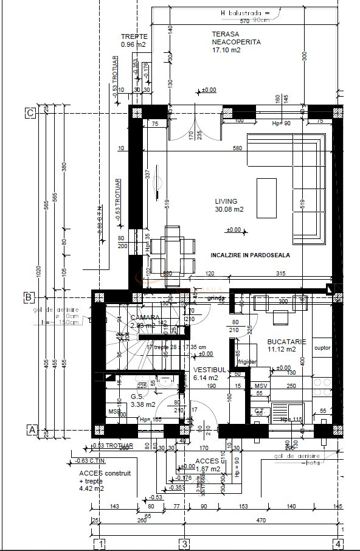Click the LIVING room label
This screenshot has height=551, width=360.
pyautogui.click(x=226, y=201)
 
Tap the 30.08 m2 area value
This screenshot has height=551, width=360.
pyautogui.click(x=229, y=210)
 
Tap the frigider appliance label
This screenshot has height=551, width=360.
pyautogui.click(x=247, y=362)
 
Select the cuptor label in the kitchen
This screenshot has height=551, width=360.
pyautogui.click(x=322, y=348)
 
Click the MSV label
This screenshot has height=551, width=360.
pyautogui.click(x=261, y=386)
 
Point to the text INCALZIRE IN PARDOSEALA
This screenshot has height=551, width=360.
pyautogui.click(x=250, y=255)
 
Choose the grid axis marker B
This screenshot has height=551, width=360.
pyautogui.click(x=29, y=297)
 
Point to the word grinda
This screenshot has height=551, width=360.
pyautogui.click(x=215, y=299)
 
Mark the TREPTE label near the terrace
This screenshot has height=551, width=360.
pyautogui.click(x=134, y=36)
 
